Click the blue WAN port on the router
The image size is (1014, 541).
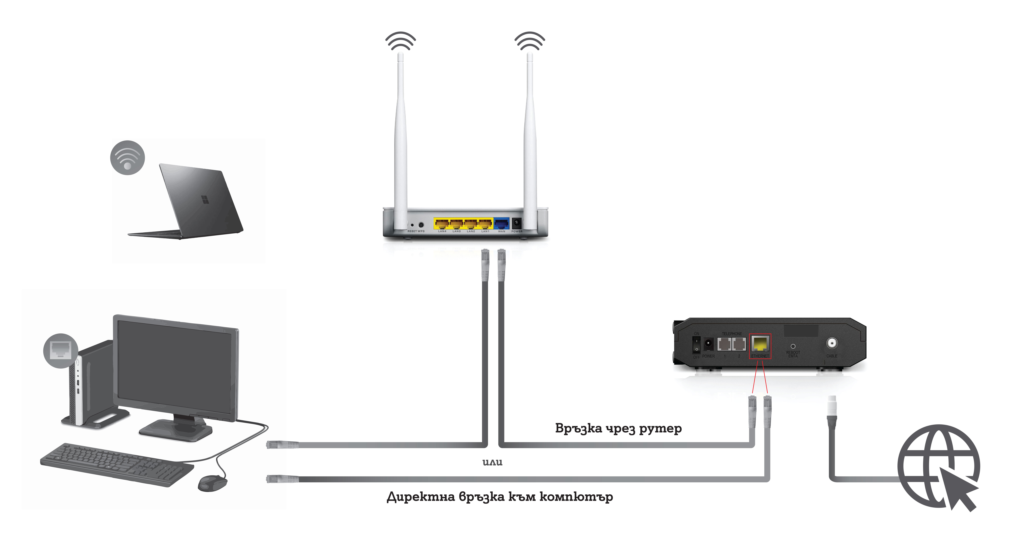pyautogui.click(x=501, y=224)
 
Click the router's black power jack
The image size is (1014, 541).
pyautogui.click(x=516, y=223)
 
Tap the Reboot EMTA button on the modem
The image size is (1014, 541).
pyautogui.click(x=793, y=346)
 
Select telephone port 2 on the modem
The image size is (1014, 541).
pyautogui.click(x=739, y=344)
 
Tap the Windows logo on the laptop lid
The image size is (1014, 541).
pyautogui.click(x=205, y=200)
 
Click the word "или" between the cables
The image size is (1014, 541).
pyautogui.click(x=492, y=462)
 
